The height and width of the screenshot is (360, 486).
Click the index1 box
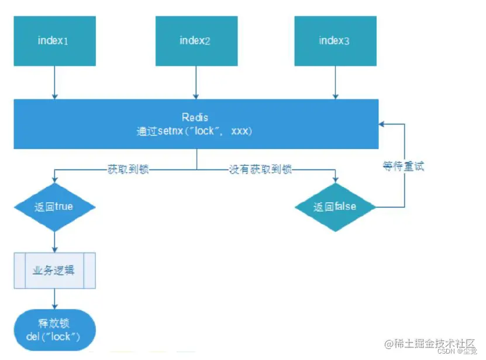54,40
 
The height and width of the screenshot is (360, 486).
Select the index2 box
196,40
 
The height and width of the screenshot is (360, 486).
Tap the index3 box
335,40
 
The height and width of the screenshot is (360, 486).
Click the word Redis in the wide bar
195,118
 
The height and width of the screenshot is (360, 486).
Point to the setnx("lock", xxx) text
195,131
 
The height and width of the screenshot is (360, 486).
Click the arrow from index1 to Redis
54,82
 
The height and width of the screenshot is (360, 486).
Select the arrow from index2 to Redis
196,82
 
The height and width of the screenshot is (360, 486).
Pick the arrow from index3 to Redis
335,82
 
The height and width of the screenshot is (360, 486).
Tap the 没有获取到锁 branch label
260,169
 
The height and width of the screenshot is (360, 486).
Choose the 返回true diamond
54,206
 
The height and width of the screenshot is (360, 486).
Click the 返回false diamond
335,206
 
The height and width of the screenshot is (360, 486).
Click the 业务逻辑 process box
54,271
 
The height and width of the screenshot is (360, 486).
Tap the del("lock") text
54,337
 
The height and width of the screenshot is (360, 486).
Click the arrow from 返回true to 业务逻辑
54,240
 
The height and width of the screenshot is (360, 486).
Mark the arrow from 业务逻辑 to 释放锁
54,299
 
